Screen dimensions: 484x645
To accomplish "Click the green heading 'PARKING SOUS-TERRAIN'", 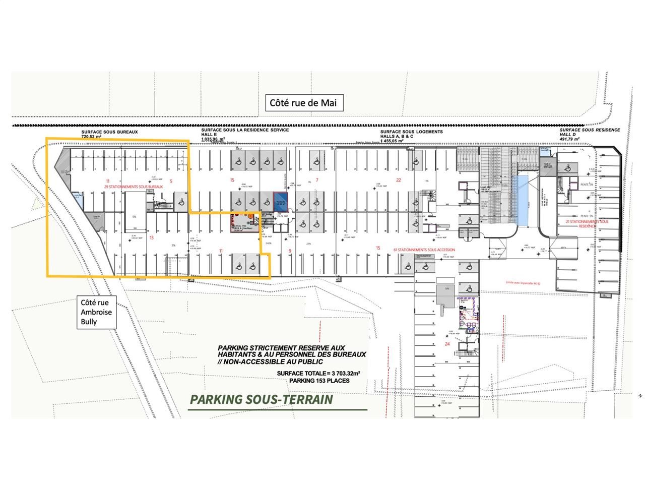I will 262,400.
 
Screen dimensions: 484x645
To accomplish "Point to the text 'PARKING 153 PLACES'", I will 319,380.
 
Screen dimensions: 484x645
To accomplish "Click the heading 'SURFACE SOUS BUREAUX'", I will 109,132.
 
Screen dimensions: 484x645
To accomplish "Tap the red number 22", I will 398,180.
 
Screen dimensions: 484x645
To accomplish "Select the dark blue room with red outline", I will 280,202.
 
